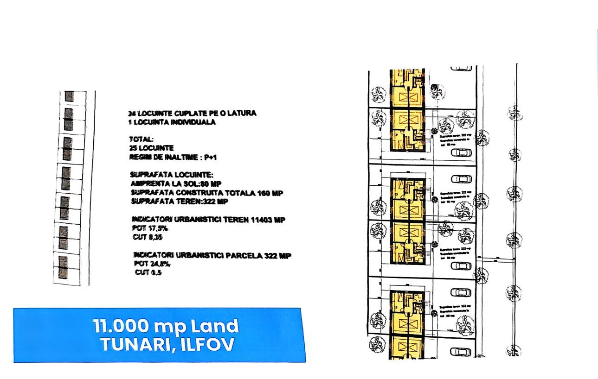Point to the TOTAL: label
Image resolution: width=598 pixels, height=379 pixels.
141,139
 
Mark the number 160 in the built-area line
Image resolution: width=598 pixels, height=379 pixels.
264,193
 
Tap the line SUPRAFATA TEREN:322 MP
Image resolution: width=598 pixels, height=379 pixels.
180,202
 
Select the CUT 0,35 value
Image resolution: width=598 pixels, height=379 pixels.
148,237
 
